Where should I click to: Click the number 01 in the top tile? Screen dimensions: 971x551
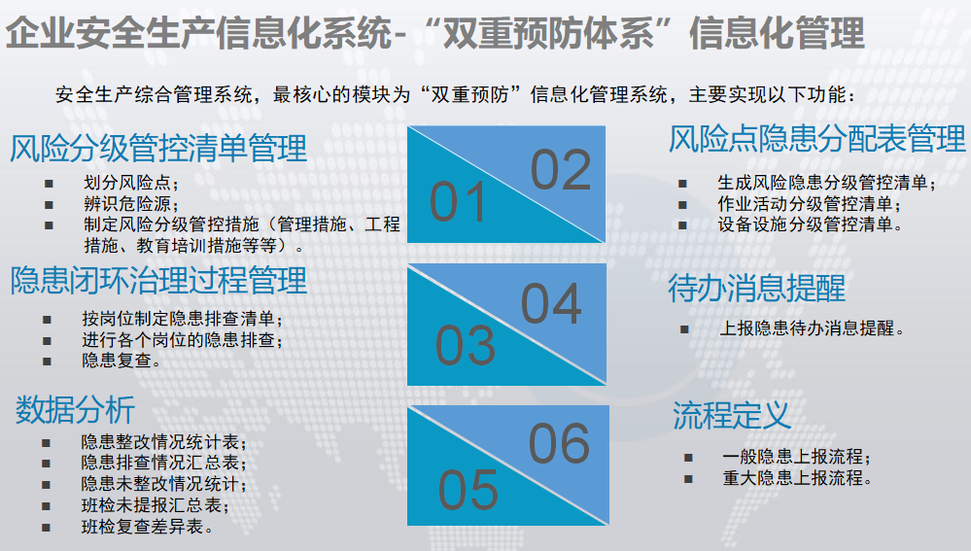(457, 202)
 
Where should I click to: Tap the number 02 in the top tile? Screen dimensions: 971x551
(561, 170)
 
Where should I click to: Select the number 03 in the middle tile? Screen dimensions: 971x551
(466, 345)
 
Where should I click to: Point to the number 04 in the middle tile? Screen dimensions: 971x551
(551, 304)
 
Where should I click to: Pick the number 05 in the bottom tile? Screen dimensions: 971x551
(468, 490)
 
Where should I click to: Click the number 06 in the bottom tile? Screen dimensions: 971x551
(559, 443)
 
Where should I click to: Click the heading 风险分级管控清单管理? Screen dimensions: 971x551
(158, 149)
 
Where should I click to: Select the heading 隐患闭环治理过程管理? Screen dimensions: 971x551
(158, 281)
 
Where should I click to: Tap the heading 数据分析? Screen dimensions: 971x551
(75, 410)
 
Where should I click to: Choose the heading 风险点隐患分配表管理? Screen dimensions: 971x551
(817, 139)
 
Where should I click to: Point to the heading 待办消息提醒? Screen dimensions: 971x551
(757, 289)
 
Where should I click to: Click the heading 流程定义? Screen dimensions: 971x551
(731, 415)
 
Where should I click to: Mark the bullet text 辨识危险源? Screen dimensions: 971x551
(131, 204)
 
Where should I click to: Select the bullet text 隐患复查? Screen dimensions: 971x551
(121, 361)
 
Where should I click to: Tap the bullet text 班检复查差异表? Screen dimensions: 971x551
(148, 527)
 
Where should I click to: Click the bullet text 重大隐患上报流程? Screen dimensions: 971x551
(797, 478)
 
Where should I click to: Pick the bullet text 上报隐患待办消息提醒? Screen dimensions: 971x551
(812, 328)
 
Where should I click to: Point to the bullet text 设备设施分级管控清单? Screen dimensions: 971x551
(810, 224)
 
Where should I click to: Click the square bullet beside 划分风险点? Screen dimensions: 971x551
(49, 184)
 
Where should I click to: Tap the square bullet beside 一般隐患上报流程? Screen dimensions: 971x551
(688, 458)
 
